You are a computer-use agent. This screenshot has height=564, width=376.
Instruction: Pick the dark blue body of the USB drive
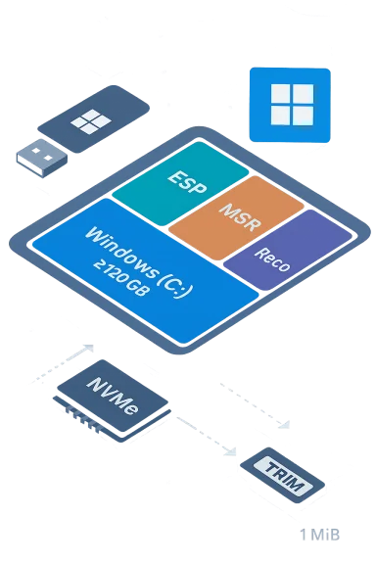[98, 117]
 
